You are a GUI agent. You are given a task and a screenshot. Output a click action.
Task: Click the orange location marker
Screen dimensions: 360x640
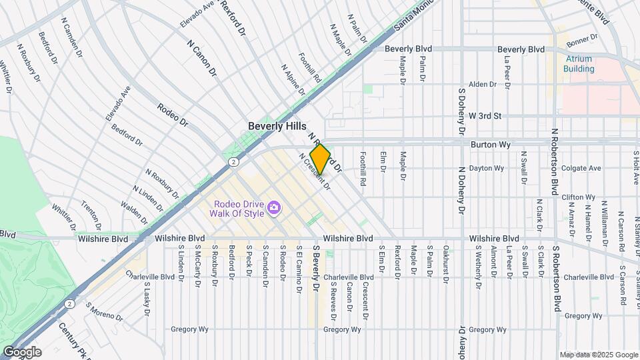pyautogui.click(x=320, y=159)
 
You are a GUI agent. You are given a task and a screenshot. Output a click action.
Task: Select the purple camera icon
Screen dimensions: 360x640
pyautogui.click(x=273, y=209)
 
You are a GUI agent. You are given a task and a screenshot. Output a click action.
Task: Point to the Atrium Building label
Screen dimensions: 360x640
pyautogui.click(x=578, y=63)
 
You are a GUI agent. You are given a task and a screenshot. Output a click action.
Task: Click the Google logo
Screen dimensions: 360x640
pyautogui.click(x=22, y=351)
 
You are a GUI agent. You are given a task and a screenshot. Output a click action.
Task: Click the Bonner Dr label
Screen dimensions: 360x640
pyautogui.click(x=580, y=41)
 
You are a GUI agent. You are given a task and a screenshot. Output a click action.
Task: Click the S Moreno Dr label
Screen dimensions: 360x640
pyautogui.click(x=105, y=313)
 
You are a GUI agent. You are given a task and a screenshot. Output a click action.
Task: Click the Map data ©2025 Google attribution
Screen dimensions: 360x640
pyautogui.click(x=598, y=355)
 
